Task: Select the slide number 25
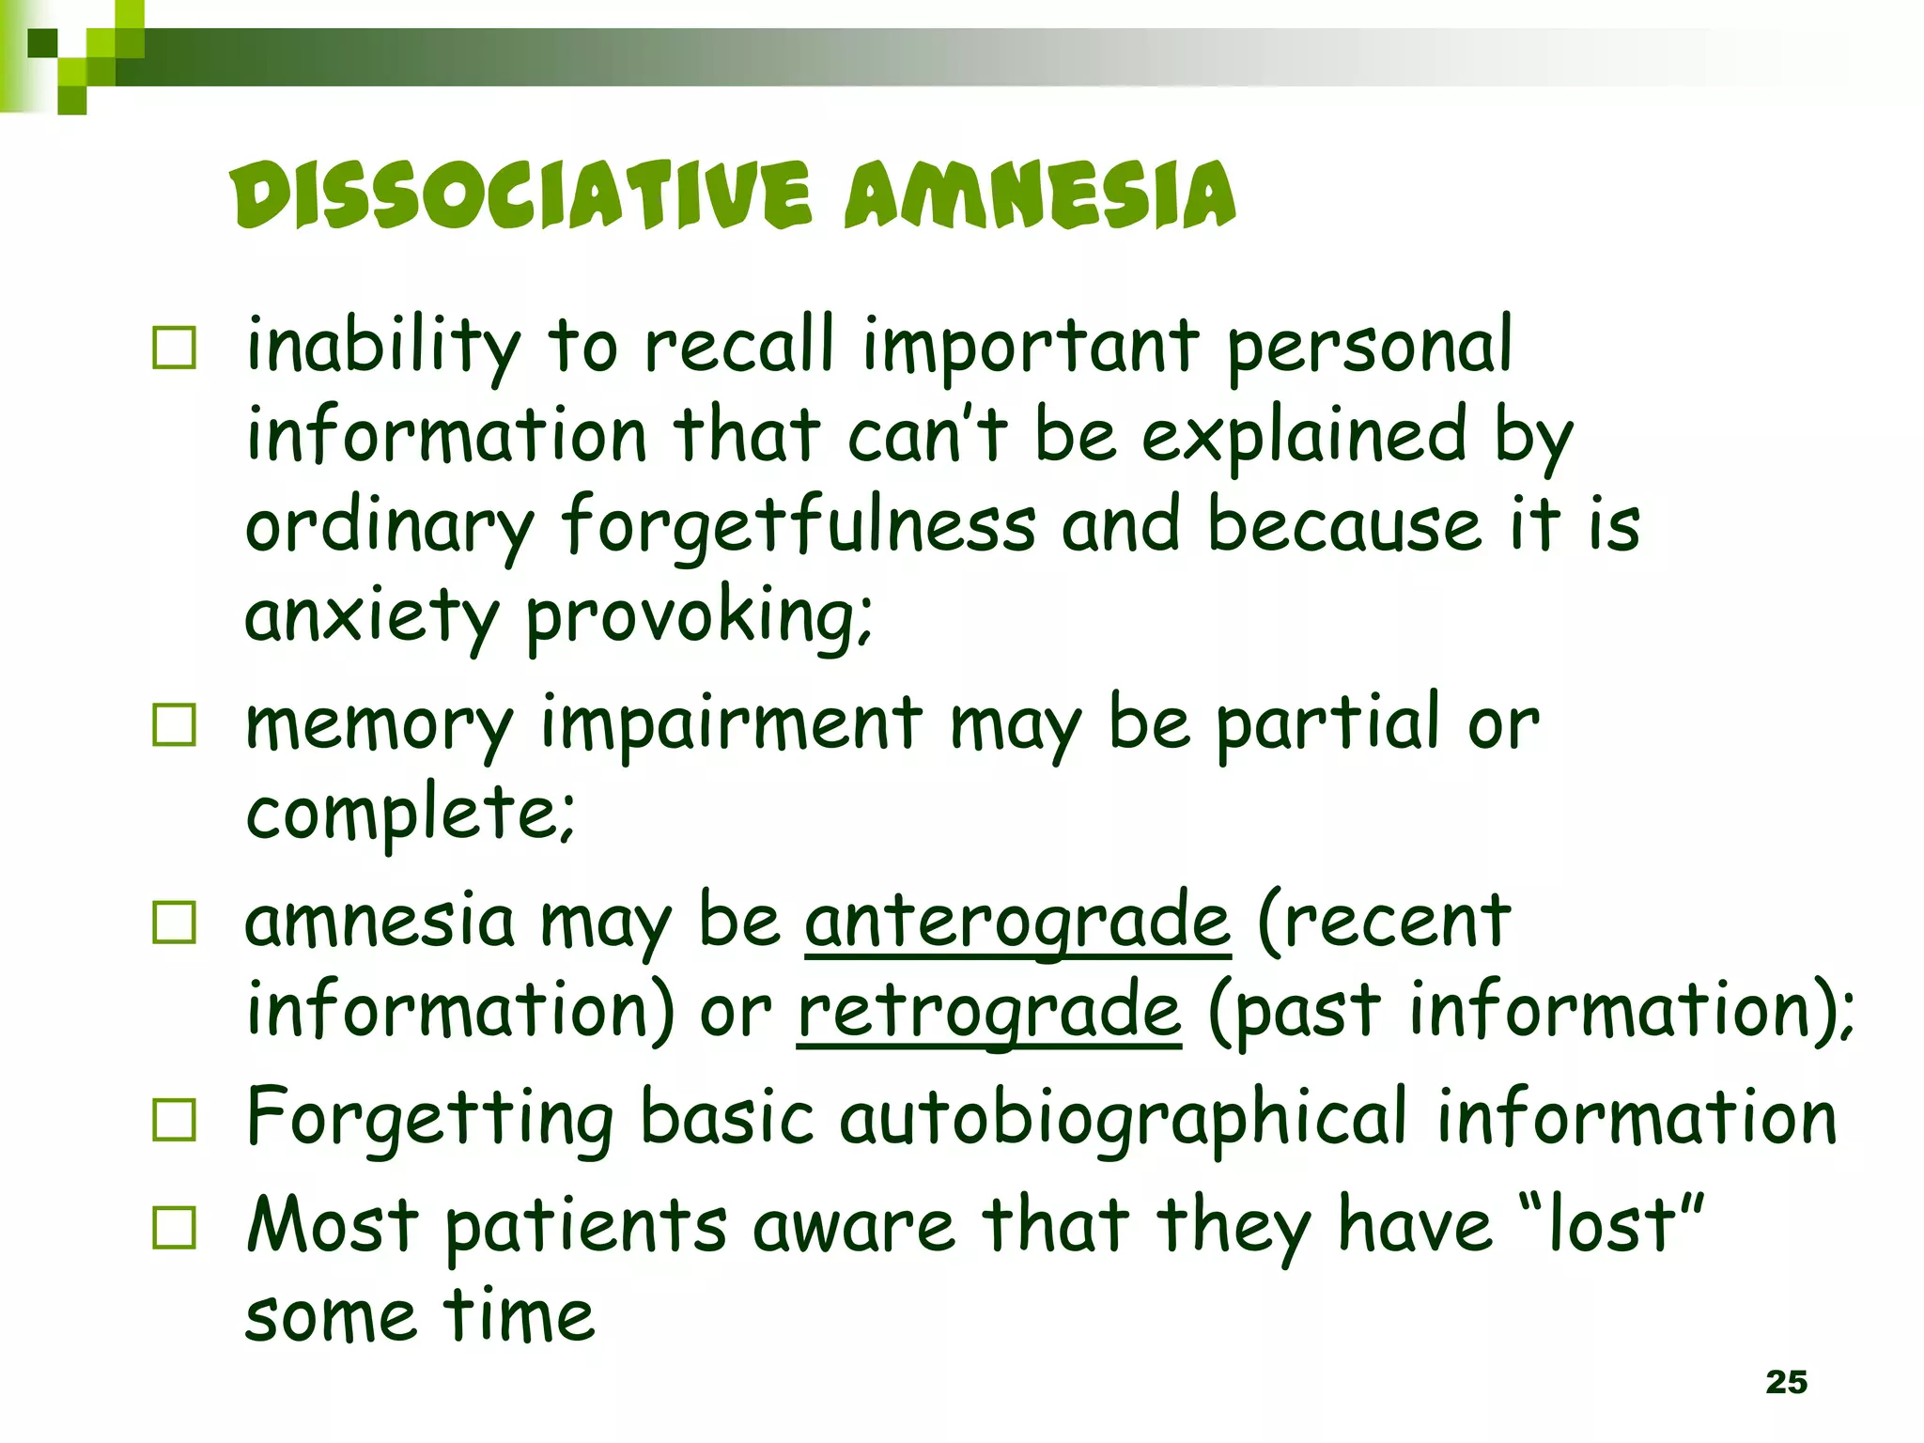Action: click(1786, 1382)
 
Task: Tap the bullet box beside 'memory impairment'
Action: click(175, 725)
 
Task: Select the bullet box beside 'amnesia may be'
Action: click(175, 923)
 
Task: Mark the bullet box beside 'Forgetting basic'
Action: click(175, 1120)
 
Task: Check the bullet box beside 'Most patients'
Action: click(175, 1228)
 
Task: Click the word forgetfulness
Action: click(799, 526)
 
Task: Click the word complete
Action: click(410, 813)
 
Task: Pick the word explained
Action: click(1305, 437)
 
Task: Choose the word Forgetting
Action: click(430, 1120)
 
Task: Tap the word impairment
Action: click(732, 725)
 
